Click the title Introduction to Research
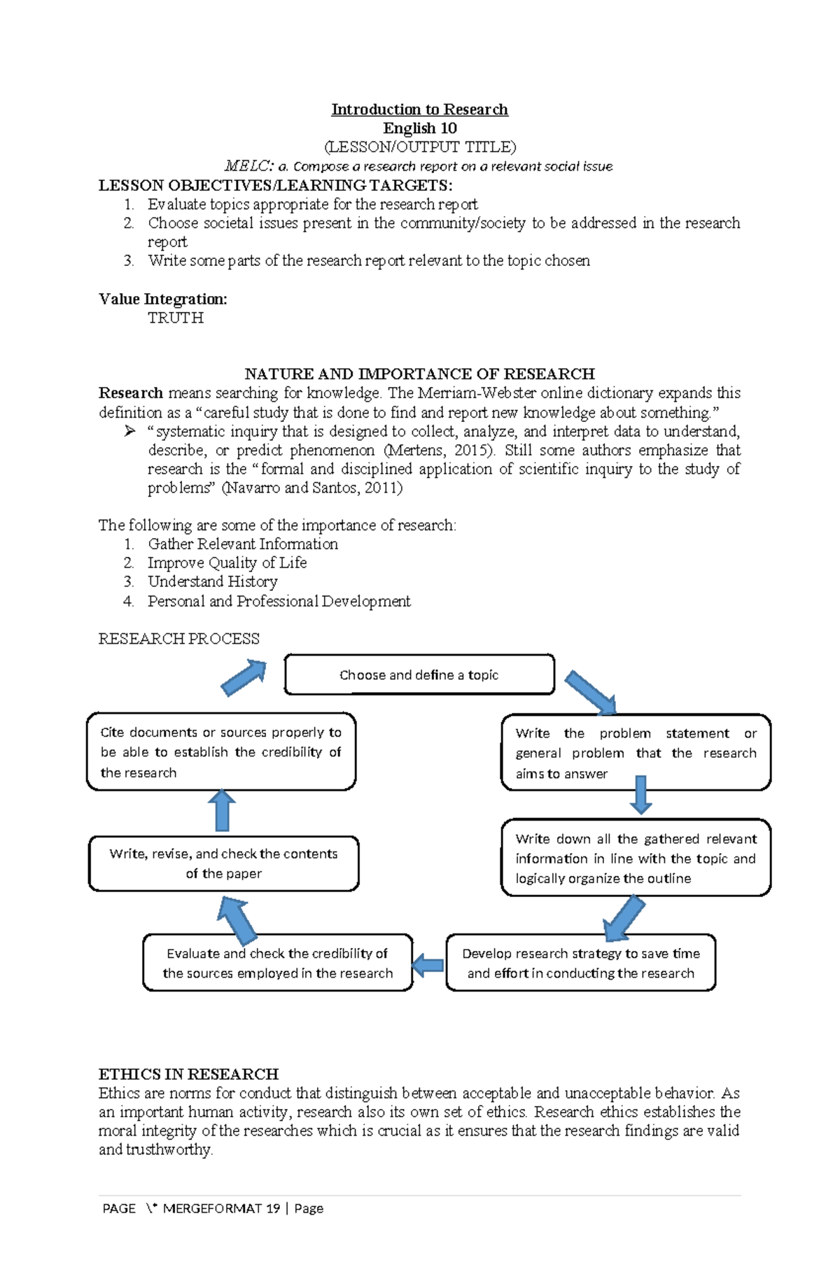point(419,109)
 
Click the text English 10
point(419,128)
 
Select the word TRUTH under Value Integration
point(175,318)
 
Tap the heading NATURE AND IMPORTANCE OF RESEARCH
point(419,374)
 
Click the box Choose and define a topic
point(419,675)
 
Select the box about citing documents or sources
point(220,752)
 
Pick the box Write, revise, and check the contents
point(223,863)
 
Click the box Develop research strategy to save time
point(580,963)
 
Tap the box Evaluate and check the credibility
point(277,963)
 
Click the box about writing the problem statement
point(636,753)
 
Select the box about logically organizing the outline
point(636,858)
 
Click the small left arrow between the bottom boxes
point(428,966)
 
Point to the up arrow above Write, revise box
point(222,810)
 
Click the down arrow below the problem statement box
point(640,795)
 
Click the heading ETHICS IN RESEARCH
point(188,1074)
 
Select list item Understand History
point(212,581)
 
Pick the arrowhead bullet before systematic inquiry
point(129,431)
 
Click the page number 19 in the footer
point(273,1208)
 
